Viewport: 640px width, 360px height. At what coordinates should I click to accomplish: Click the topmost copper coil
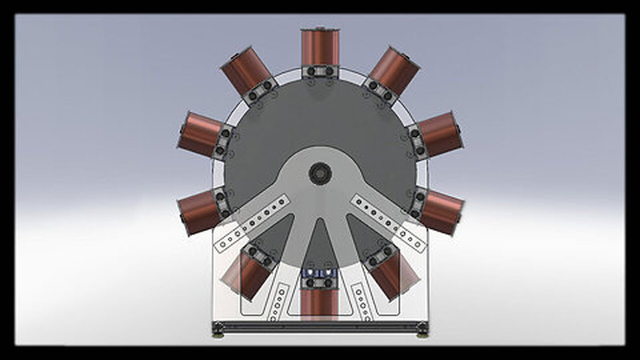[x=320, y=47]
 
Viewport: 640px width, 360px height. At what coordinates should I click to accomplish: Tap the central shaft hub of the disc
[x=320, y=173]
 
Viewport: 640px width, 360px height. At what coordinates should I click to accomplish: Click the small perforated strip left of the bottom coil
[x=278, y=301]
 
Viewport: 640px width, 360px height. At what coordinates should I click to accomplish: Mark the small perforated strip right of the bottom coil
[x=361, y=301]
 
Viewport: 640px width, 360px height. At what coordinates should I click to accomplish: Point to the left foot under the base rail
[x=217, y=335]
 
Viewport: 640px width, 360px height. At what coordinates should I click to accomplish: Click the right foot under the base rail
[x=423, y=335]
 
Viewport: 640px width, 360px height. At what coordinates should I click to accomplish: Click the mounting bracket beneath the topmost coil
[x=320, y=71]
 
